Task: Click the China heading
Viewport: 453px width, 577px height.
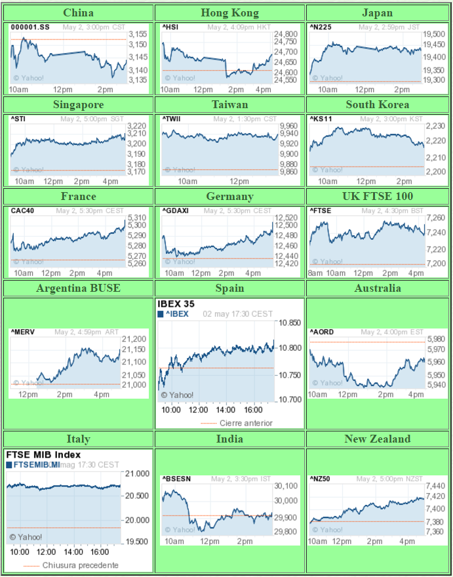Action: coord(78,12)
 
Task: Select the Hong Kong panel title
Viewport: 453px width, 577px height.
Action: coord(229,12)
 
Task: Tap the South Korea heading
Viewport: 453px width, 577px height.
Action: coord(378,104)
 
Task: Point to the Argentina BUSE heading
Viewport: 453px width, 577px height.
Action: coord(78,288)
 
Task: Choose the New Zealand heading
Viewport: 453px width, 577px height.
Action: coord(378,439)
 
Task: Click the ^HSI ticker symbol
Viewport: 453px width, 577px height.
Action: coord(170,27)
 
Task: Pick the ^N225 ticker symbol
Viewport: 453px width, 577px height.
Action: coord(321,27)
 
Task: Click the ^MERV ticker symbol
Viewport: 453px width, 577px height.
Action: coord(23,332)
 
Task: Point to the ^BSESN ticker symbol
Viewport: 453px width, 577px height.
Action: coord(176,479)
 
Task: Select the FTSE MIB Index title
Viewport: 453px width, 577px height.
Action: coord(43,454)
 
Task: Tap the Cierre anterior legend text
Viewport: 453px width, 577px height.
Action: coord(246,423)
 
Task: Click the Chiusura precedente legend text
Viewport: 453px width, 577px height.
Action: coord(81,565)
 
